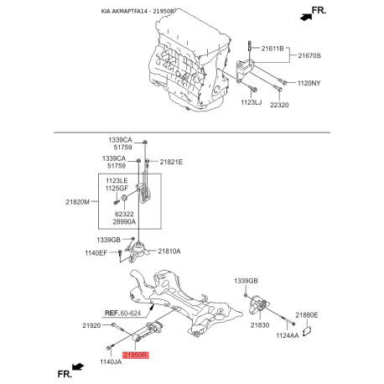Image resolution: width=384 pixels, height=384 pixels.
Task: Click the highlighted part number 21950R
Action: (x=136, y=355)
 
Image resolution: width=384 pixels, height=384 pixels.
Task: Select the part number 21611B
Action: (x=273, y=49)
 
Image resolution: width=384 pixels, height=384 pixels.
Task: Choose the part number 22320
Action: (x=279, y=106)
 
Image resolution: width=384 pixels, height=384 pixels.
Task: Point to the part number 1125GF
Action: (x=117, y=189)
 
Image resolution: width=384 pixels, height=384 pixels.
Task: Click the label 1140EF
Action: (x=99, y=252)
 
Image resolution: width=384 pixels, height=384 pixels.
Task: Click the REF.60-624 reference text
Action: (x=125, y=312)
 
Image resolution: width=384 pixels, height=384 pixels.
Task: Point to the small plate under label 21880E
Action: (x=308, y=330)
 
